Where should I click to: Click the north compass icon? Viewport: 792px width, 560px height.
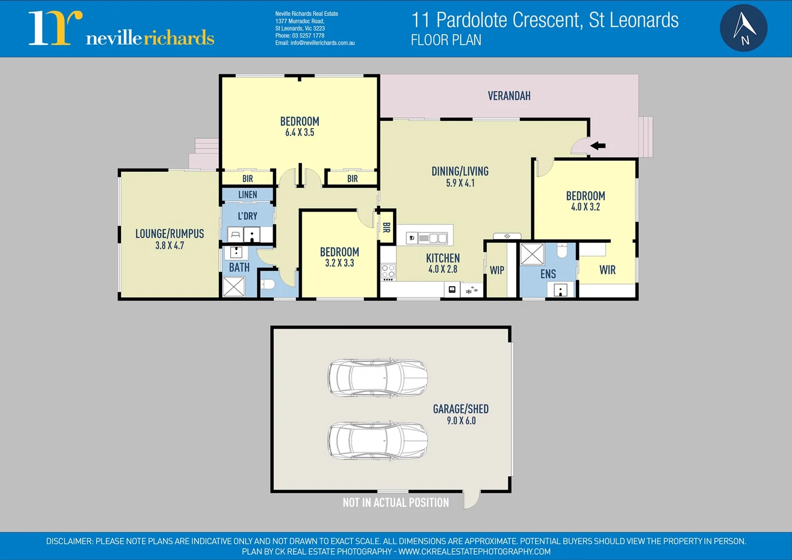click(743, 28)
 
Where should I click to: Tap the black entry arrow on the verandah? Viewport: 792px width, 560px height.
click(598, 146)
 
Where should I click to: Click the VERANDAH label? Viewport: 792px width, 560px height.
click(509, 96)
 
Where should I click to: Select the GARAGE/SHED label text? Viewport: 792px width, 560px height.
click(461, 409)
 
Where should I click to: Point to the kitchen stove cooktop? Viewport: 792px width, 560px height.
click(388, 271)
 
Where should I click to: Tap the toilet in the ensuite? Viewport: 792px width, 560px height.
click(562, 251)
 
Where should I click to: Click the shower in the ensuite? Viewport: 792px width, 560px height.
click(532, 254)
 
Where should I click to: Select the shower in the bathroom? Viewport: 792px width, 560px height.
click(234, 287)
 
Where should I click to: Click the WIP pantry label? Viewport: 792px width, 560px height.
click(497, 270)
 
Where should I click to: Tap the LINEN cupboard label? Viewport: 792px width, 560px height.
click(248, 194)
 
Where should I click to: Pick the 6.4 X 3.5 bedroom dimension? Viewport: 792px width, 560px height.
click(300, 133)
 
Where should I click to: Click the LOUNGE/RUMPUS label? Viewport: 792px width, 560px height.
click(169, 234)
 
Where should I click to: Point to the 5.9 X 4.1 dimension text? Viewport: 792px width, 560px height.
click(460, 183)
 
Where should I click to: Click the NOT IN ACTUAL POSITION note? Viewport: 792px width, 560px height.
click(395, 502)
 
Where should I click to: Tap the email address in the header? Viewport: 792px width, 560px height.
click(315, 43)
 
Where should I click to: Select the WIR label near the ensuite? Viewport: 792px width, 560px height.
click(607, 270)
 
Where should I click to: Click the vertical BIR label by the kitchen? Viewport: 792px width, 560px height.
click(386, 227)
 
